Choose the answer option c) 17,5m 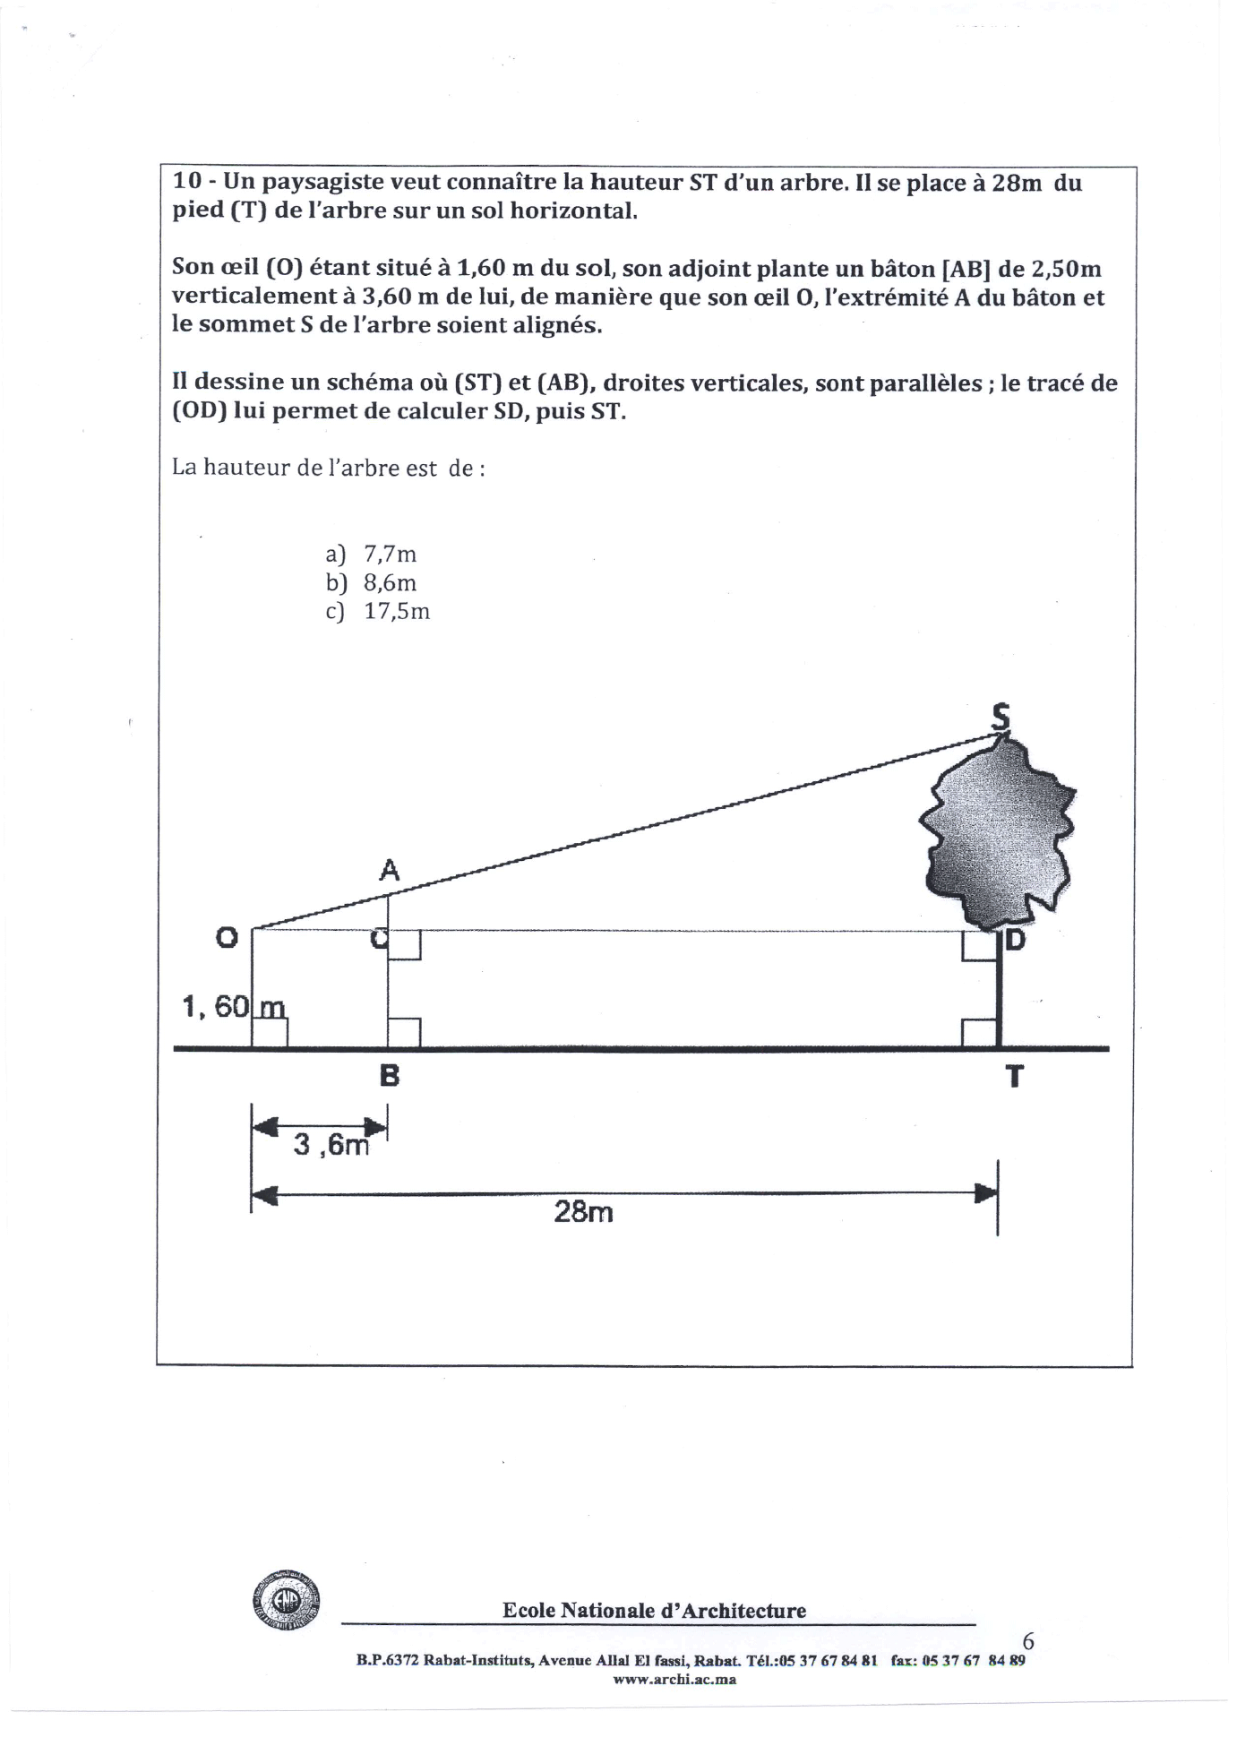click(378, 612)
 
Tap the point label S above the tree click(1001, 717)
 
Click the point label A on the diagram click(389, 869)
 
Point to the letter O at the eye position click(227, 938)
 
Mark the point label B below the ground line click(389, 1075)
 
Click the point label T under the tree click(1014, 1076)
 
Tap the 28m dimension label click(583, 1213)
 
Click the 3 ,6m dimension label click(331, 1145)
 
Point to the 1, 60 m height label click(233, 1007)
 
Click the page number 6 click(1028, 1641)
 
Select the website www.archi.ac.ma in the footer click(674, 1680)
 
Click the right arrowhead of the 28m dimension click(984, 1193)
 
